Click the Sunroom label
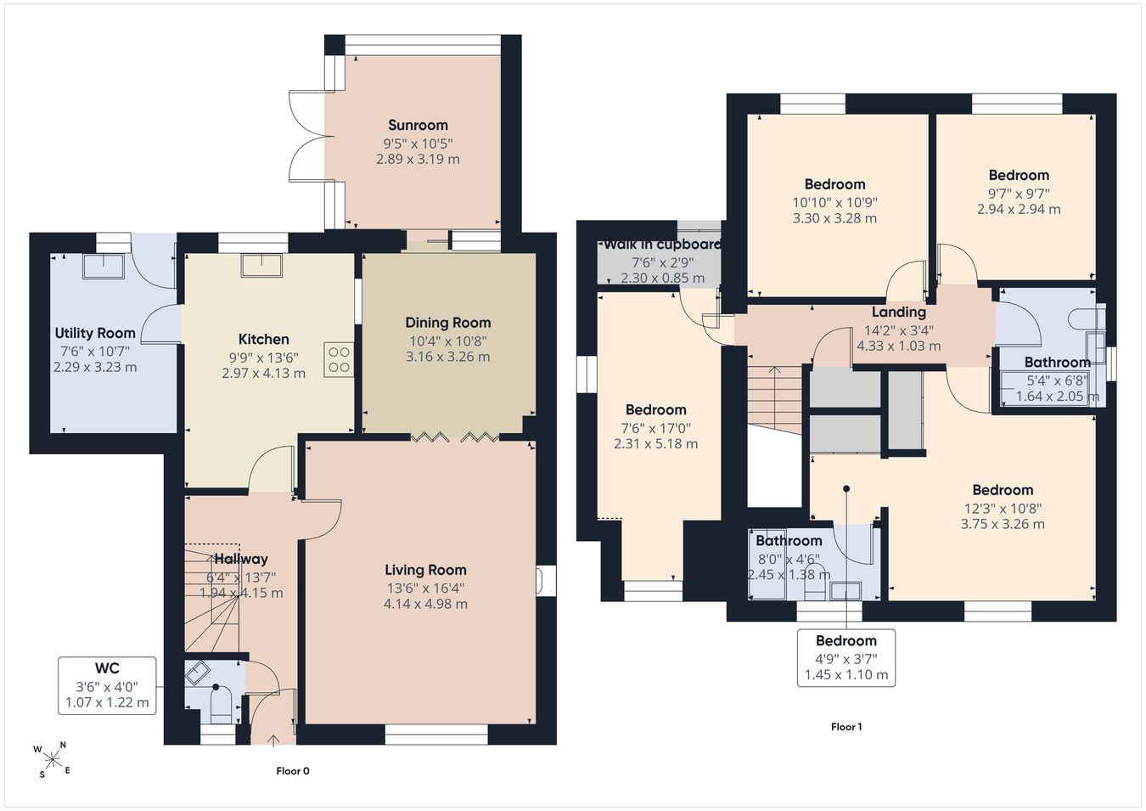pyautogui.click(x=418, y=125)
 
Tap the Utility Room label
pyautogui.click(x=95, y=333)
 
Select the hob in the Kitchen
pyautogui.click(x=339, y=360)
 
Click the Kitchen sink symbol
pyautogui.click(x=261, y=266)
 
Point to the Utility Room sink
pyautogui.click(x=104, y=266)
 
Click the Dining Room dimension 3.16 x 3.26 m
pyautogui.click(x=447, y=357)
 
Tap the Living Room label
pyautogui.click(x=425, y=570)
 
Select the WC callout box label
pyautogui.click(x=107, y=668)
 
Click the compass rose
pyautogui.click(x=52, y=760)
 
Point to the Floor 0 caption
pyautogui.click(x=293, y=771)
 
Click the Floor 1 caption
pyautogui.click(x=846, y=727)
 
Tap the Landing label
pyautogui.click(x=899, y=313)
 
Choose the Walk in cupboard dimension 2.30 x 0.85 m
pyautogui.click(x=662, y=279)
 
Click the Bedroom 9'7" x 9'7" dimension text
pyautogui.click(x=1019, y=194)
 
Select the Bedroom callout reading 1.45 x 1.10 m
pyautogui.click(x=846, y=675)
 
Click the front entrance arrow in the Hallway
pyautogui.click(x=273, y=740)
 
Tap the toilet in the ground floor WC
pyautogui.click(x=221, y=706)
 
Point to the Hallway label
pyautogui.click(x=241, y=559)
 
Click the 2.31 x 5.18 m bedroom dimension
pyautogui.click(x=655, y=443)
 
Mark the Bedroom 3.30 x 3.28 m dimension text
pyautogui.click(x=834, y=218)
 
